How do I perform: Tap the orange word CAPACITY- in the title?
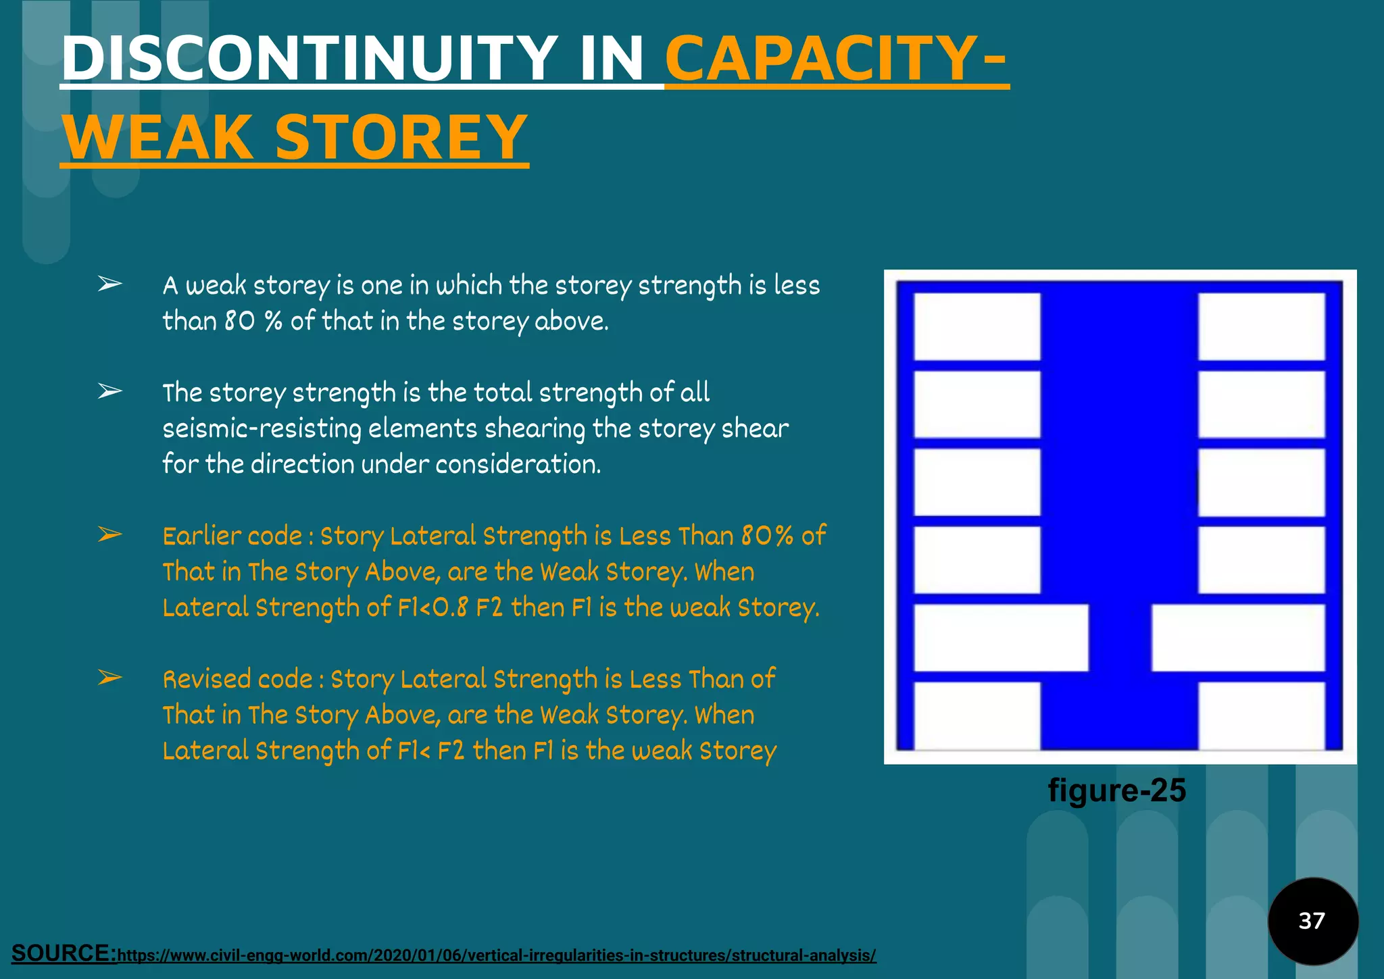click(837, 59)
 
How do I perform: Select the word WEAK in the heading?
click(157, 137)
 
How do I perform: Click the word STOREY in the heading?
click(401, 137)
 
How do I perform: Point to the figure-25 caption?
click(1116, 790)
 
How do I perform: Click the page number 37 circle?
click(1312, 920)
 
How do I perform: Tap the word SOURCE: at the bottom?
click(64, 953)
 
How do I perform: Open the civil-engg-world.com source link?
click(497, 955)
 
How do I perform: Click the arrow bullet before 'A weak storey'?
click(109, 284)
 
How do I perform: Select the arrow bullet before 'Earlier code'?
click(109, 535)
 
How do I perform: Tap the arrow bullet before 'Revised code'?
click(109, 678)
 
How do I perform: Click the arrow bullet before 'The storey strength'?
click(109, 391)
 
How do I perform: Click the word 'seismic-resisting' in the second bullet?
click(262, 428)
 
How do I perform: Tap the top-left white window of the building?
click(977, 326)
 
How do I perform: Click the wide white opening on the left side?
click(1001, 638)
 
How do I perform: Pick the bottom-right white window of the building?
click(1261, 716)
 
